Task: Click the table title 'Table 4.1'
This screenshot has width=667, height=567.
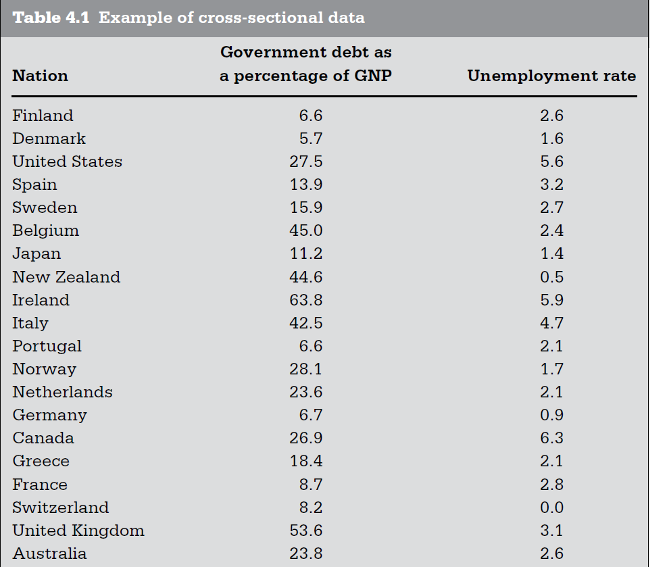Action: point(53,18)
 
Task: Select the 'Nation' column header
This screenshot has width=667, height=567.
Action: point(40,76)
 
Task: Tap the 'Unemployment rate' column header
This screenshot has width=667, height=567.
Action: point(551,76)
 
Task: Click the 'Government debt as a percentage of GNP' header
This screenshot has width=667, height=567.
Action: point(305,64)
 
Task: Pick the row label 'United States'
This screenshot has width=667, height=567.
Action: point(67,162)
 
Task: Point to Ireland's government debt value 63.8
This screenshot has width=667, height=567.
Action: point(305,300)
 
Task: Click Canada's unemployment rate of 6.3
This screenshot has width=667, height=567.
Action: point(551,438)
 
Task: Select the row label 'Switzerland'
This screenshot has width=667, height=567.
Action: point(60,508)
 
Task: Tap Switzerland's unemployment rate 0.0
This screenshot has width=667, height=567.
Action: point(551,508)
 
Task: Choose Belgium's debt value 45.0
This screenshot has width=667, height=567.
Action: point(305,230)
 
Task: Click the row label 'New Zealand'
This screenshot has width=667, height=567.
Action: point(66,277)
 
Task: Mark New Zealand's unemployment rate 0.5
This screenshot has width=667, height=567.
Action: point(551,277)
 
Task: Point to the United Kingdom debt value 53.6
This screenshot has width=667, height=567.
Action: point(305,531)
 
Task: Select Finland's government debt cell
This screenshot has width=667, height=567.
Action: point(310,116)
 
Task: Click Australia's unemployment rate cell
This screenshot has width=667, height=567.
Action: point(551,553)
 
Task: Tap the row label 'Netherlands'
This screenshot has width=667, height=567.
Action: point(62,392)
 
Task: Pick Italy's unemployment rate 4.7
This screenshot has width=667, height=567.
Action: point(551,323)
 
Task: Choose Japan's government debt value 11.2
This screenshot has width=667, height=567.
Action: point(305,253)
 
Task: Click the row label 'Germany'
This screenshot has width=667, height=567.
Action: point(49,415)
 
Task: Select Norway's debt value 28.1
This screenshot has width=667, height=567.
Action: point(305,369)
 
